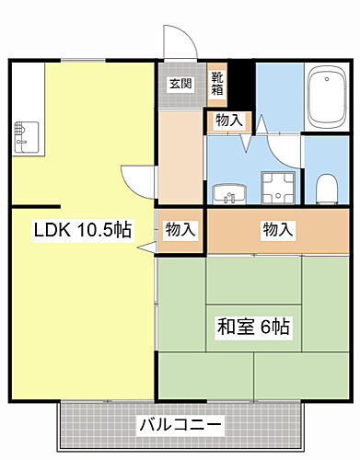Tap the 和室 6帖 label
tap(254, 325)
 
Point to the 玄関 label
tap(180, 84)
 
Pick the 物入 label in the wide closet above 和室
tap(277, 229)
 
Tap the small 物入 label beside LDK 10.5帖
tap(180, 229)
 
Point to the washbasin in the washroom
tap(229, 193)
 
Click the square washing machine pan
tap(275, 188)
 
